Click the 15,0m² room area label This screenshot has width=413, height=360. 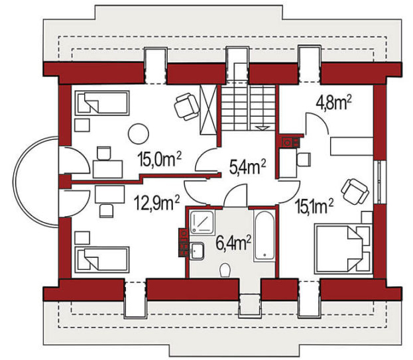[x=159, y=159]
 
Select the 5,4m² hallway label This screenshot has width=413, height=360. [x=247, y=166]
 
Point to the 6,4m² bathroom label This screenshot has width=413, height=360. [x=233, y=243]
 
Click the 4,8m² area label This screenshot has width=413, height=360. [x=334, y=103]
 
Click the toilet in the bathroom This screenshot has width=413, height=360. [x=225, y=270]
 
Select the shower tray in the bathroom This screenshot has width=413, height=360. [x=202, y=222]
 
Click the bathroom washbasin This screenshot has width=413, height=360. [x=196, y=251]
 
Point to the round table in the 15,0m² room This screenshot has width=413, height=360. [x=139, y=134]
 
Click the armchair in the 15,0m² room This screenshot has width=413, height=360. [x=187, y=106]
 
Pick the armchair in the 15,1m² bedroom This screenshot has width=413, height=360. [x=355, y=191]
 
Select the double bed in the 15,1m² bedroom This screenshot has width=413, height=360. [x=344, y=248]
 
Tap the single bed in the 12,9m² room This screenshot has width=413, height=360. [x=102, y=259]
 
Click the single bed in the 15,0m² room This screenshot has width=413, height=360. [x=102, y=103]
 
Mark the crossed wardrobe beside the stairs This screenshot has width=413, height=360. [x=208, y=110]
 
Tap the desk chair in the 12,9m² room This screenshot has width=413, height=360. [x=107, y=211]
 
